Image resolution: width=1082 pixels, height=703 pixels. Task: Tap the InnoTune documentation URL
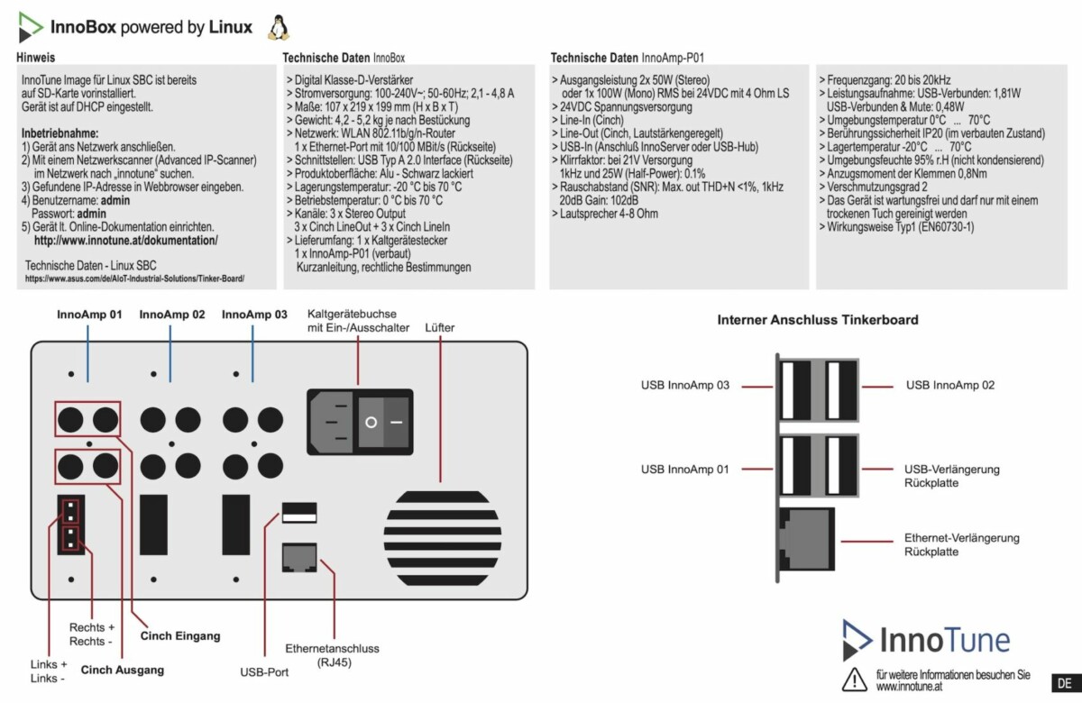126,242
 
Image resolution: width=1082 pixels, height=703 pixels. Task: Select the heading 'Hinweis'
37,58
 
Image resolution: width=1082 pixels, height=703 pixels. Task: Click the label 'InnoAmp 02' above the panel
171,315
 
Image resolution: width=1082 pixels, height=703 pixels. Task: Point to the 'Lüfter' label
440,328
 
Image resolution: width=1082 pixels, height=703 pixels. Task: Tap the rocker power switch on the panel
383,421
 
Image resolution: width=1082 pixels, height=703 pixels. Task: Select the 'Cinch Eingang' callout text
180,636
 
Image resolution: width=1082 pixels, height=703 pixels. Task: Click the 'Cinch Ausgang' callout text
123,670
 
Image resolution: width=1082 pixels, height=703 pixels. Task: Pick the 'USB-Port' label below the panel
264,671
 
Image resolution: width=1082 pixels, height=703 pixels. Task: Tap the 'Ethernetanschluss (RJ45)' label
333,655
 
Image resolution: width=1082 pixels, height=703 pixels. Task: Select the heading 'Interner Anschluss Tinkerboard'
818,320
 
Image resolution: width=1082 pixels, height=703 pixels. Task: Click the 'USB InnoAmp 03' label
685,386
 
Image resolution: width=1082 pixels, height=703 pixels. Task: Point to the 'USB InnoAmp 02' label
950,386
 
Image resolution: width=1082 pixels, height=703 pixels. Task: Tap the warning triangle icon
853,679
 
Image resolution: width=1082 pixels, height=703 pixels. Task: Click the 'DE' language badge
1064,682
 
